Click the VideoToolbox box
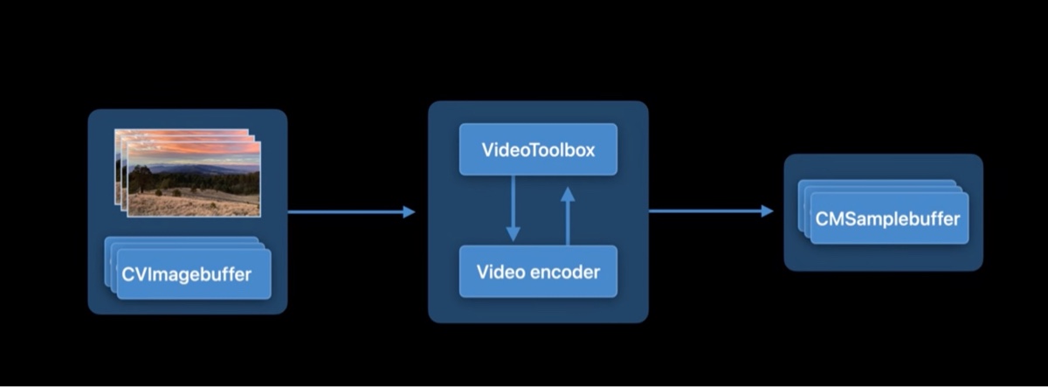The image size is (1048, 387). pos(538,149)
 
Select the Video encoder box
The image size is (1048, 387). pos(538,272)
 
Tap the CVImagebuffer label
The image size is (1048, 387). pos(187,275)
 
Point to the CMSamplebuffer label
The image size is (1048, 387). pos(887,218)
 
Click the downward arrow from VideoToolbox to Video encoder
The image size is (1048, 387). pos(513,205)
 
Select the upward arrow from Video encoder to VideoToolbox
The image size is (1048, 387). pos(568,218)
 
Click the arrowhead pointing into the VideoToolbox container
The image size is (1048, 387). pos(409,211)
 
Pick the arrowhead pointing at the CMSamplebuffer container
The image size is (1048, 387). pos(767,211)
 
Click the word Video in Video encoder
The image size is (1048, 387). pos(500,272)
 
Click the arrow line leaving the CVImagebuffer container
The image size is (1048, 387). pos(345,211)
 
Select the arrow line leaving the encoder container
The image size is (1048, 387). pos(703,211)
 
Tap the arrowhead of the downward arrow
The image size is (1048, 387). pos(513,234)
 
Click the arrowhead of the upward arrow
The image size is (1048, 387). pos(568,193)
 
